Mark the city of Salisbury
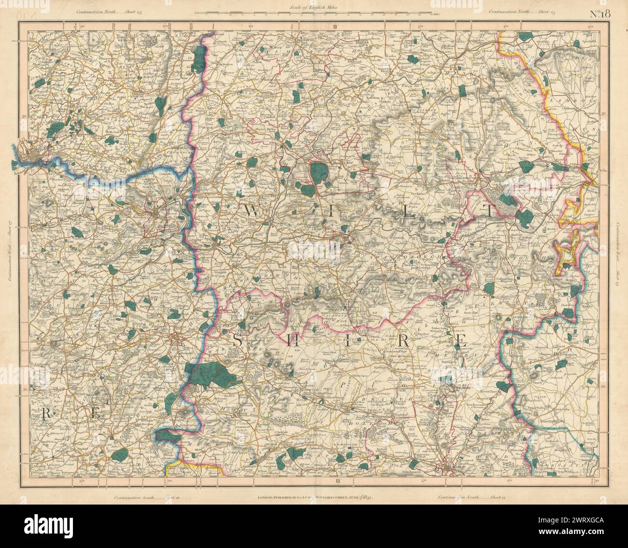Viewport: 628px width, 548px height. click(x=448, y=468)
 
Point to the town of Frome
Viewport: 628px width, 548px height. click(x=178, y=339)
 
